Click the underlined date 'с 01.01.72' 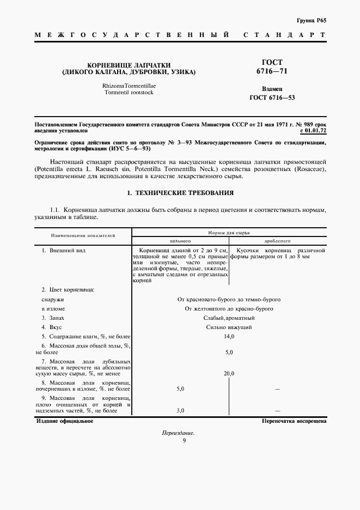pos(313,131)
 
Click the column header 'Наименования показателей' pos(83,236)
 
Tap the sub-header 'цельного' pos(180,240)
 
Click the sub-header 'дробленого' pos(277,240)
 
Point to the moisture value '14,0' pos(229,337)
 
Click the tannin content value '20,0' pos(229,374)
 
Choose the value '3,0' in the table pos(181,411)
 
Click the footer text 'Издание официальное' pos(64,421)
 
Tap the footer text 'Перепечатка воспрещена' pos(294,421)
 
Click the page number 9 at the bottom pos(178,441)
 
